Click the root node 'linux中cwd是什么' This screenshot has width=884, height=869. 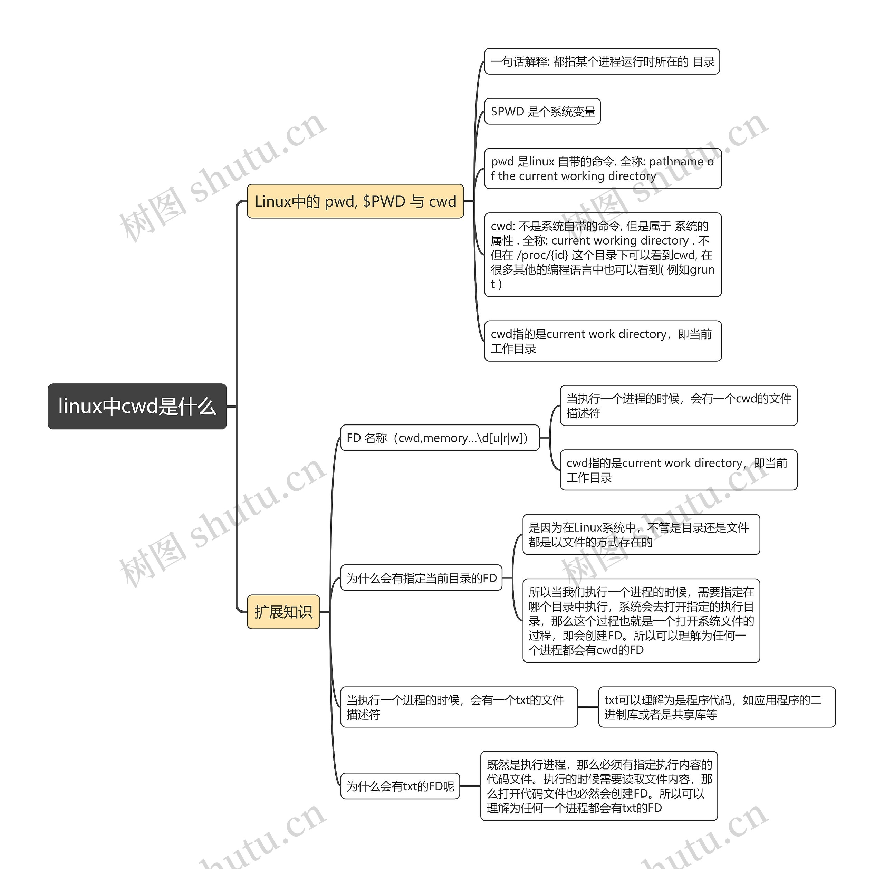click(137, 406)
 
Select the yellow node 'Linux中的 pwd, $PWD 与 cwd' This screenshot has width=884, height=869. click(355, 201)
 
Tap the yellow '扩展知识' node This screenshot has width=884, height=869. click(283, 612)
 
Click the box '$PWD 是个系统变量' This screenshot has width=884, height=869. click(542, 111)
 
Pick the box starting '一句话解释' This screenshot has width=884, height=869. click(602, 61)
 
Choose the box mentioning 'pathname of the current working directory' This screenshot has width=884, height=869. click(603, 169)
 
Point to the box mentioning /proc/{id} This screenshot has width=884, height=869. click(603, 255)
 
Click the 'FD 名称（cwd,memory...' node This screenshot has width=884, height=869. click(440, 438)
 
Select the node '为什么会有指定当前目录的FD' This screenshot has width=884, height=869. click(421, 578)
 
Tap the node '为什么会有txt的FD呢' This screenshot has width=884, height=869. click(400, 786)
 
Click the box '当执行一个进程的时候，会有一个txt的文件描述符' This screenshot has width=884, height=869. click(459, 707)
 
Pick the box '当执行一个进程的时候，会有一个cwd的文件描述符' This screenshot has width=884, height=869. click(678, 406)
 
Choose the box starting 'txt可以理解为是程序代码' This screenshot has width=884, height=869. click(717, 707)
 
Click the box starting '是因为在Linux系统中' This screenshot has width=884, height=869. click(641, 534)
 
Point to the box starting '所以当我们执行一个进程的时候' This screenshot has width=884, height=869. click(641, 621)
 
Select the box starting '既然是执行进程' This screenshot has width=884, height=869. click(599, 786)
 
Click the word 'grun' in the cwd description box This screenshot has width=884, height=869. click(702, 270)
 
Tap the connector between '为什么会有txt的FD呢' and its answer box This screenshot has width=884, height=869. click(470, 786)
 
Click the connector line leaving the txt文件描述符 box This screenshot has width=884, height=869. click(588, 707)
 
